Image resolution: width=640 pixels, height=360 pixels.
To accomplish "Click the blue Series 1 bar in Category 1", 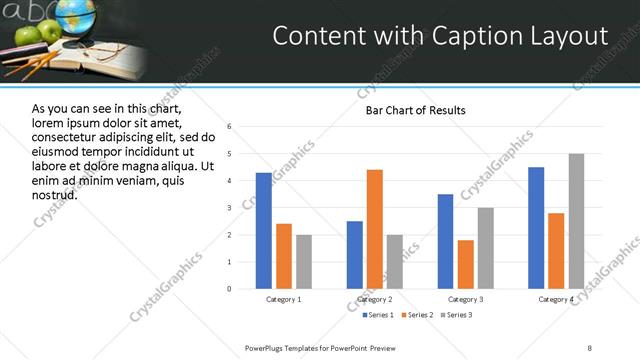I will [264, 231].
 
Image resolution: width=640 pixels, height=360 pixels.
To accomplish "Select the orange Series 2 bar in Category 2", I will [375, 229].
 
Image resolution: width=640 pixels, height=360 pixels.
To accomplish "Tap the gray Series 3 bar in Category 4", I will [576, 221].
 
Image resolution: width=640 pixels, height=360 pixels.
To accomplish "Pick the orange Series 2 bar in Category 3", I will [465, 264].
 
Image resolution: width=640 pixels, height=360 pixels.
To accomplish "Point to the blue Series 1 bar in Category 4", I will [536, 228].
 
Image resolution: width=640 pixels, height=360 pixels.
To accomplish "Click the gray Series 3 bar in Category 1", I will [304, 262].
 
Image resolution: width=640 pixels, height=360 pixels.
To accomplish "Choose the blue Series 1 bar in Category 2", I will [355, 255].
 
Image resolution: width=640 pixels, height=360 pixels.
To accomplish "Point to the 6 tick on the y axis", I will [229, 127].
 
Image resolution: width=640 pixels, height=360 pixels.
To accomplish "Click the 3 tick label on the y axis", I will [229, 208].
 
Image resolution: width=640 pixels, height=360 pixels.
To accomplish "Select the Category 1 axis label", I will [284, 299].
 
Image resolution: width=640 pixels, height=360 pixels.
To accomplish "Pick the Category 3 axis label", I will [465, 299].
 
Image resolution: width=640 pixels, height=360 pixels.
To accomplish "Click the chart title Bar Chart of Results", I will [415, 110].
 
